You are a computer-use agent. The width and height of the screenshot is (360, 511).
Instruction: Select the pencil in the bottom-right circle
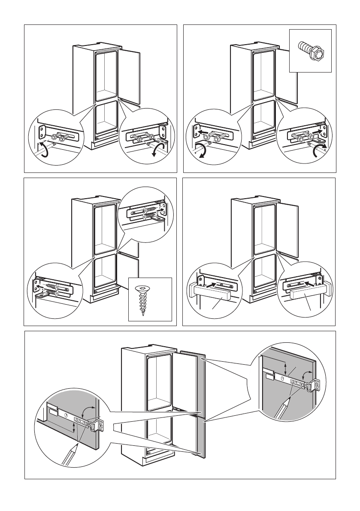[x=284, y=406]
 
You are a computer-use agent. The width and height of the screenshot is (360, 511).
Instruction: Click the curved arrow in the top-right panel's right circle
[x=320, y=151]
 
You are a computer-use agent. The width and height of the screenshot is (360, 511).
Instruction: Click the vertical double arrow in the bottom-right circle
[x=286, y=367]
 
